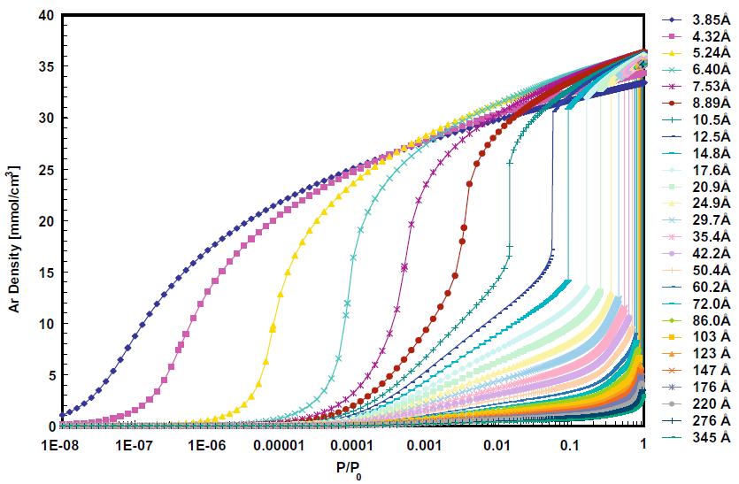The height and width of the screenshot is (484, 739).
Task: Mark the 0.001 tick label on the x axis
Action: pyautogui.click(x=425, y=444)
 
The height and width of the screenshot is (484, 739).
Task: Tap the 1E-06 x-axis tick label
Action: pyautogui.click(x=206, y=444)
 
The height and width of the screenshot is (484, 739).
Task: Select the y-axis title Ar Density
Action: pyautogui.click(x=15, y=220)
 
